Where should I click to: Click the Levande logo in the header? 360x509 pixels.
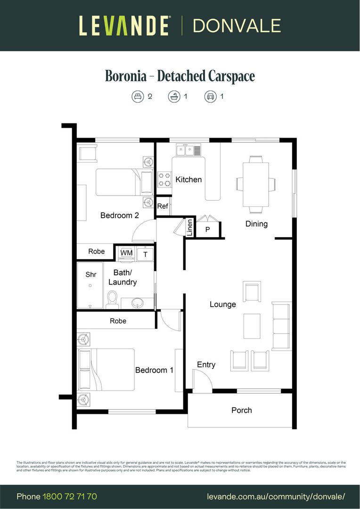point(124,25)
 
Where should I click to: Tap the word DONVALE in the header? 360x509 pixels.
point(237,25)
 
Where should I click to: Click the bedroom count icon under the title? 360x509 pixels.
point(137,97)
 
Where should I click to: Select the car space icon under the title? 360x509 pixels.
point(210,97)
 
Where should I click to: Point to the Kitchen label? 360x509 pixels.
point(188,180)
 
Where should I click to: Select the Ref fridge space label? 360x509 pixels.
point(163,206)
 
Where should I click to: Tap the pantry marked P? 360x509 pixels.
point(207,230)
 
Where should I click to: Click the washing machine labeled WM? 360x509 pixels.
point(126,254)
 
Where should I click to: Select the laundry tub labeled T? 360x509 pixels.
point(146,254)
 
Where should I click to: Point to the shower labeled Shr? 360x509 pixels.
point(90,274)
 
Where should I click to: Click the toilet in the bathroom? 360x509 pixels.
point(112,299)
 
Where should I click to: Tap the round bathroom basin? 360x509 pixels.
point(138,302)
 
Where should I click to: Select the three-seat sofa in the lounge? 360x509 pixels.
point(281,327)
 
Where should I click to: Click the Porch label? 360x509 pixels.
point(241,410)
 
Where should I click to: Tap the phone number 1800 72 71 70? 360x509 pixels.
point(70,496)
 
